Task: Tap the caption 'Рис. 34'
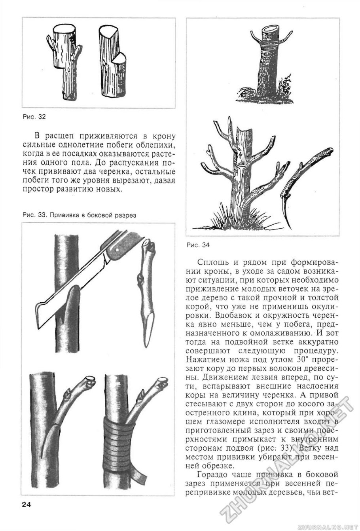[x=197, y=245]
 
